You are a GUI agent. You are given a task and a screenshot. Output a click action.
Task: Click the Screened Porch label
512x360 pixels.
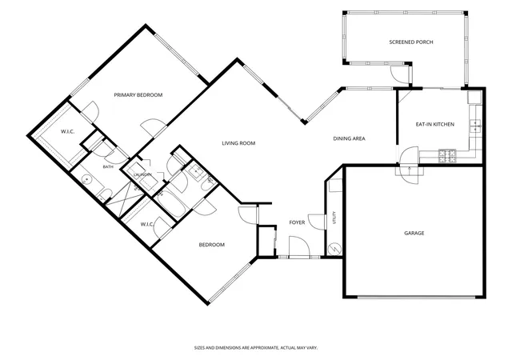(411, 42)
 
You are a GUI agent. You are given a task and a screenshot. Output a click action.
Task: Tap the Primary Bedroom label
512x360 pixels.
(138, 95)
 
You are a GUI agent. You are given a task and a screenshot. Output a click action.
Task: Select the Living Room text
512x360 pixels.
(238, 143)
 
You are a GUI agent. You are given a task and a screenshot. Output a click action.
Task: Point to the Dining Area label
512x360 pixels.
(349, 138)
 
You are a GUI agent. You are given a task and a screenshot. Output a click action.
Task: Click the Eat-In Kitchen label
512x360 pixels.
(435, 124)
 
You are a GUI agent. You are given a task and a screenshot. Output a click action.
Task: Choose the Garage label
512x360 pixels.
(414, 233)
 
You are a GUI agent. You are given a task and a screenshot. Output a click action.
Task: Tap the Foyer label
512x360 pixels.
(297, 222)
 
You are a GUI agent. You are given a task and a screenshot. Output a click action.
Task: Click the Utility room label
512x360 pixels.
(334, 218)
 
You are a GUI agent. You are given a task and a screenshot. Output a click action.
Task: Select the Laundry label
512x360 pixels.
(142, 174)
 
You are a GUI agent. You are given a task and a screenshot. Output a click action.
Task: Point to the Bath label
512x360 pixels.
(108, 167)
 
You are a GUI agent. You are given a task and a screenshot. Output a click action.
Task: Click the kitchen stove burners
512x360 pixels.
(447, 156)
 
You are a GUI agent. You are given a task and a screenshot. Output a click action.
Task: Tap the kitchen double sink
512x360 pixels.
(475, 126)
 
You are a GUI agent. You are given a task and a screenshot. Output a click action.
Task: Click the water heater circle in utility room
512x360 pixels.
(334, 250)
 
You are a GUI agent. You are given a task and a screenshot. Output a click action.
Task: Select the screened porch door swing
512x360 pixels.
(399, 74)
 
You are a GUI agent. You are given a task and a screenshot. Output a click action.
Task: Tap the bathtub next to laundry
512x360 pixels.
(168, 204)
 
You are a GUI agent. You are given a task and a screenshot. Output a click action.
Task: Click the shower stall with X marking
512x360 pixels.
(125, 199)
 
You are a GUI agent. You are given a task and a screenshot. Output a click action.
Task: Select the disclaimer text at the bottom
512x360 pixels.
(256, 348)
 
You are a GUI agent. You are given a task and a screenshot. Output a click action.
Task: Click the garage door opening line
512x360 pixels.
(416, 297)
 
